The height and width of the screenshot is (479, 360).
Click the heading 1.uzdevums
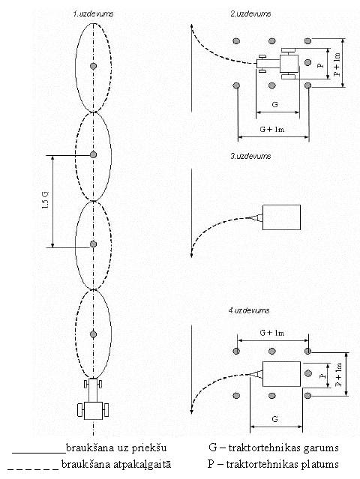93,13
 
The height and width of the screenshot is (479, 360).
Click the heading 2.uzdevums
250,13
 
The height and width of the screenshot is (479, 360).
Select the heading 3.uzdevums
250,156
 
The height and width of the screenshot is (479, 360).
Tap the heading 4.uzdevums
249,310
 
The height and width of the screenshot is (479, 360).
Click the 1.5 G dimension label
46,201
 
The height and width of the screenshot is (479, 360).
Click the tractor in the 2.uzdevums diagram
277,64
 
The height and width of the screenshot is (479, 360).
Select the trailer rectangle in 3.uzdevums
281,217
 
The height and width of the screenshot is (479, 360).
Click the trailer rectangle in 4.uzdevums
281,374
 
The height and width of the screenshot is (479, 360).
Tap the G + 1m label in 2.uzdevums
272,129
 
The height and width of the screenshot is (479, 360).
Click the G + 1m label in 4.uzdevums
272,333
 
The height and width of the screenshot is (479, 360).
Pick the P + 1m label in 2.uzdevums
337,64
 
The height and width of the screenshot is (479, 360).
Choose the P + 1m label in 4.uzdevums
338,375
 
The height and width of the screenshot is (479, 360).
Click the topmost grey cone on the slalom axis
93,66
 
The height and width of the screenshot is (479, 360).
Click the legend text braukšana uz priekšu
116,448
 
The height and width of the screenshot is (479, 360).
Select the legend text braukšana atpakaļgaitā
116,464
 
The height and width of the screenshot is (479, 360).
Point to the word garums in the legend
321,448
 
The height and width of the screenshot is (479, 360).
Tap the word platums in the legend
320,465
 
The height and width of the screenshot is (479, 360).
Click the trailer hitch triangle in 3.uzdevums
256,217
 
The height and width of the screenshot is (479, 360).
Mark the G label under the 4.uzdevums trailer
274,419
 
